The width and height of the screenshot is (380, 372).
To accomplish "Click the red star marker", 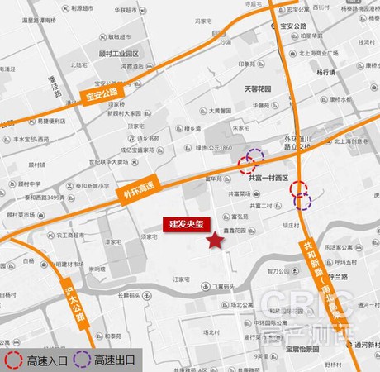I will coord(215,241).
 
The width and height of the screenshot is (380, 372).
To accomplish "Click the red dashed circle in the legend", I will coord(13,360).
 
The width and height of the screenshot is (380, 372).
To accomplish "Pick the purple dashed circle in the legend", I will coord(82,360).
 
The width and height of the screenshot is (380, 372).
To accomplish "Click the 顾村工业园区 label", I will coord(121,53).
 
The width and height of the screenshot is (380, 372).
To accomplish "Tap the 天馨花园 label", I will coord(258,88).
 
